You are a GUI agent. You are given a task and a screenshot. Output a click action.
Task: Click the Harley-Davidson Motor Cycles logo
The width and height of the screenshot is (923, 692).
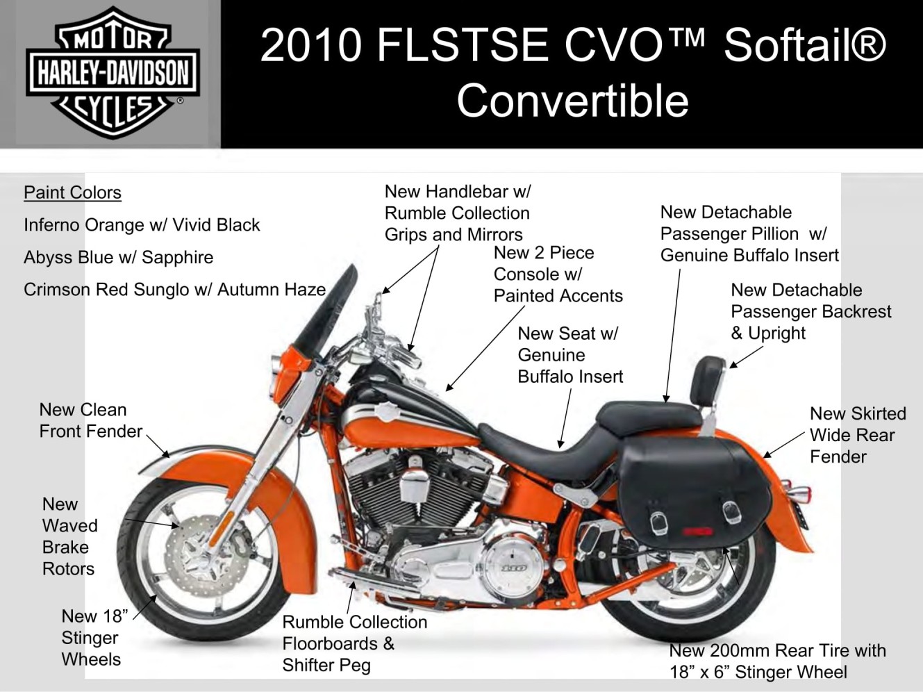pos(113,73)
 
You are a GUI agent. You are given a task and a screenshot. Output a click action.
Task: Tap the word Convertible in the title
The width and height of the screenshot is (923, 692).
pos(573,101)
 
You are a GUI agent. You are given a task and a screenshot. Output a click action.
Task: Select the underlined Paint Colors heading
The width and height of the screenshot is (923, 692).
pos(72,192)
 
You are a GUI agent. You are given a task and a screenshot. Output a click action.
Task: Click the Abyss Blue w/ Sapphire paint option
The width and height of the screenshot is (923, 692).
pos(119,257)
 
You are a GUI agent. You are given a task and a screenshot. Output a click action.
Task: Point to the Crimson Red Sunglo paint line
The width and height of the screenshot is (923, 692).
pos(174,290)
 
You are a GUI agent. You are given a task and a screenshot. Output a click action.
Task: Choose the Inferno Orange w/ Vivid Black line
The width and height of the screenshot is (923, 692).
pos(142,225)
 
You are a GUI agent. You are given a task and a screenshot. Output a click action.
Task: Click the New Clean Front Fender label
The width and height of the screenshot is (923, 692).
pos(91,420)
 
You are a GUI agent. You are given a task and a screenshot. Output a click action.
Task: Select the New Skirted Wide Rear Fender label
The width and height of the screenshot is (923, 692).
pos(858,435)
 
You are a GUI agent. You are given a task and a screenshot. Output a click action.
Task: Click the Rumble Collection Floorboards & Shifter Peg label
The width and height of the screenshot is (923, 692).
pos(354,643)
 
